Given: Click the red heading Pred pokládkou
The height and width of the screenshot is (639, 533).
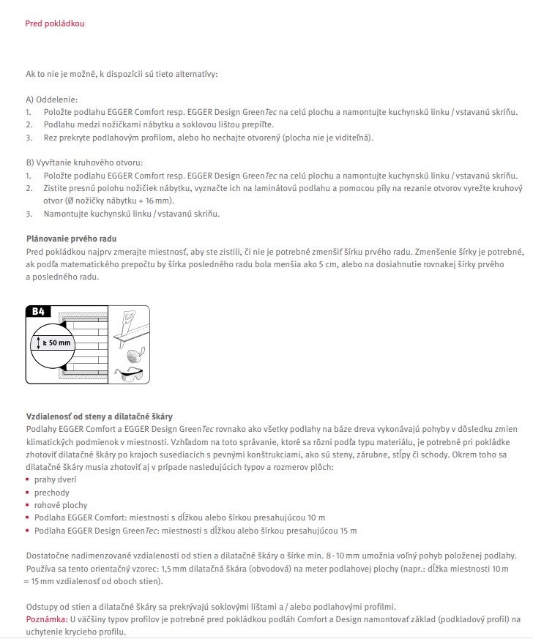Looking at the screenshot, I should point(55,24).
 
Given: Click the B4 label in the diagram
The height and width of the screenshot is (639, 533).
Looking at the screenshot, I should point(39,312).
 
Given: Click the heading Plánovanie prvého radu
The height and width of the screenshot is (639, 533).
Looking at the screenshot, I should point(71,239).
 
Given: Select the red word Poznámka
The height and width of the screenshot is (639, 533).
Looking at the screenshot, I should point(46,619).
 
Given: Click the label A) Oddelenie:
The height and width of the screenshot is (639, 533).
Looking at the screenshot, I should point(51,99).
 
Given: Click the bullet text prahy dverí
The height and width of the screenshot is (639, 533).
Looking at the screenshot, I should point(56,479).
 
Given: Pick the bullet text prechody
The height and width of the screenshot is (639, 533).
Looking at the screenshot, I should point(52,492).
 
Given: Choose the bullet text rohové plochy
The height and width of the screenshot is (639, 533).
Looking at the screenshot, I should point(61,505).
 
